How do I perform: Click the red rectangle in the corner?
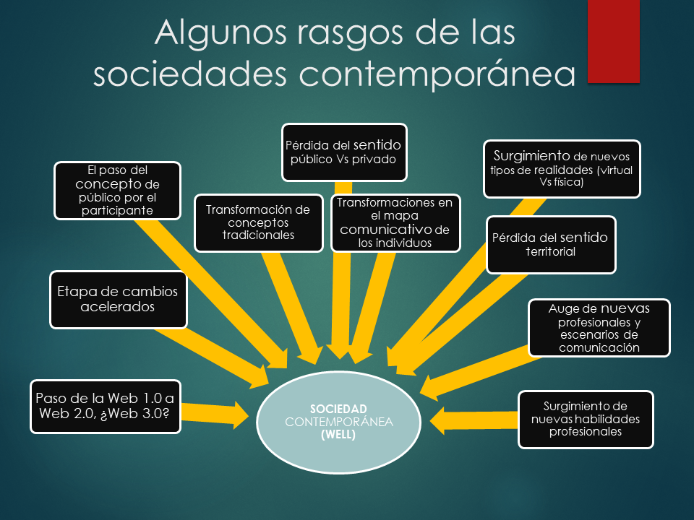tap(614, 41)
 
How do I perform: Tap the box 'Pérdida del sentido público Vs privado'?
tap(344, 152)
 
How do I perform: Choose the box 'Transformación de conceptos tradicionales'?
tap(259, 223)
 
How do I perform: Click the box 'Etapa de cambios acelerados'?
tap(118, 300)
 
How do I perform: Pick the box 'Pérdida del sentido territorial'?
tap(551, 245)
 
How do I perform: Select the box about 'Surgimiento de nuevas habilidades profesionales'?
tap(586, 419)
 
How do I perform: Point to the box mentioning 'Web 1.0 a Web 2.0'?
tap(106, 407)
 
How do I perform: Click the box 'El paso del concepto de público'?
tap(117, 191)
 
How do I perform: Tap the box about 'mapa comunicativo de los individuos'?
tap(395, 223)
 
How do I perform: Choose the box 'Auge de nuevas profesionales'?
tap(599, 328)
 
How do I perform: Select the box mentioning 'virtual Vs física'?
tap(562, 169)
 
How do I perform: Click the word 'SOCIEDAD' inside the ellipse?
tap(338, 409)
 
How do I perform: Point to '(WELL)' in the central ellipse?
tap(338, 435)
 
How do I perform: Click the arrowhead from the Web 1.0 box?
tap(240, 416)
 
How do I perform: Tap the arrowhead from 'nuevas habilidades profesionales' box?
tap(438, 420)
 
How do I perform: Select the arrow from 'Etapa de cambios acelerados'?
tap(213, 355)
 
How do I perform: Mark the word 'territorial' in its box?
tap(551, 251)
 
